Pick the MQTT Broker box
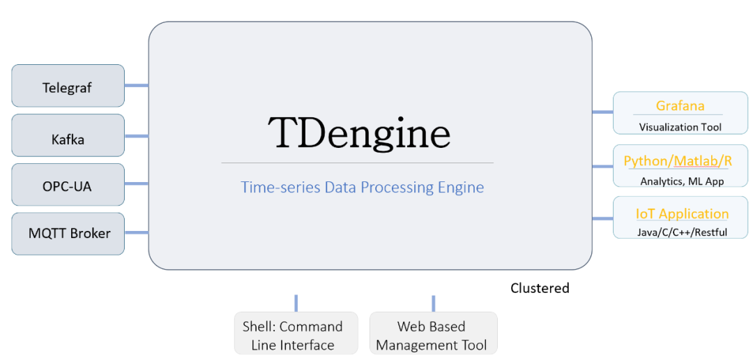point(68,234)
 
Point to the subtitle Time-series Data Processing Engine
point(362,188)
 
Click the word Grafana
point(680,106)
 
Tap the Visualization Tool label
point(680,127)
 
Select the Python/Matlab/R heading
point(677,161)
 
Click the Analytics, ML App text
point(681,181)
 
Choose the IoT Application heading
point(681,214)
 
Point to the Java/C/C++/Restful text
point(681,232)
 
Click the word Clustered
point(540,288)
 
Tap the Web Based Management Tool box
point(432,334)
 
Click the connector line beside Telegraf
point(136,86)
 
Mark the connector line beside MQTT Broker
point(136,232)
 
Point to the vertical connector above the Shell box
point(296,303)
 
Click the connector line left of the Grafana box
point(602,112)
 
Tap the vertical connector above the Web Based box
point(433,303)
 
